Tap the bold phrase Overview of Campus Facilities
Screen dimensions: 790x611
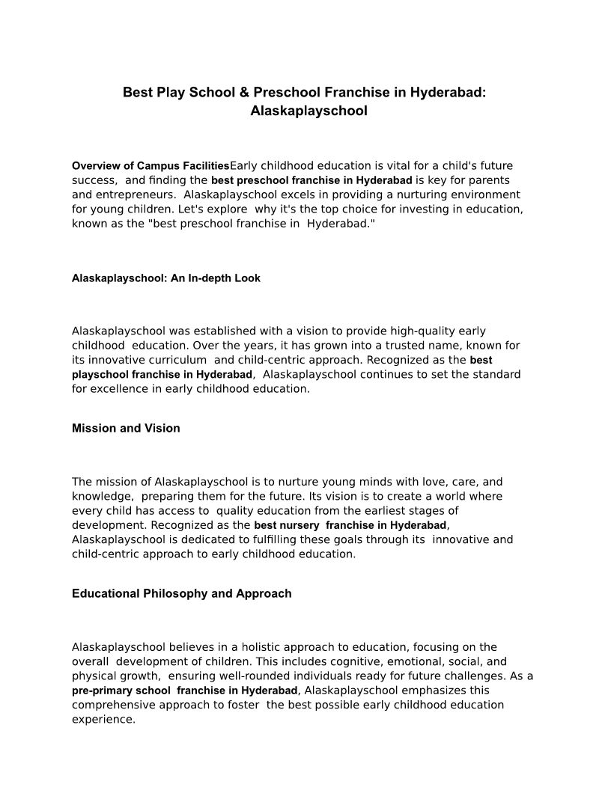(x=151, y=166)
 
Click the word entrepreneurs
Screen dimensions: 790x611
(x=135, y=195)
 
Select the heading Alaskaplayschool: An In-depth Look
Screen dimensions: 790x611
(x=166, y=278)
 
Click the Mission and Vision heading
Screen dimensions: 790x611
(x=126, y=429)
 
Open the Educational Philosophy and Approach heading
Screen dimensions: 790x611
(x=182, y=594)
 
